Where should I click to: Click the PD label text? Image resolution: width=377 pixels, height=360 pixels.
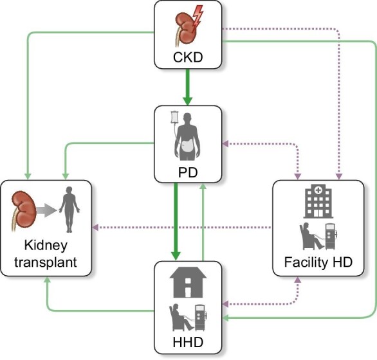click(x=188, y=172)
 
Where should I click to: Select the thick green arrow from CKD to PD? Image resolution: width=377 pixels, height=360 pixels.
click(x=188, y=87)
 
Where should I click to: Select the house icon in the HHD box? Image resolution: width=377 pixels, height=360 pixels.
click(x=188, y=280)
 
